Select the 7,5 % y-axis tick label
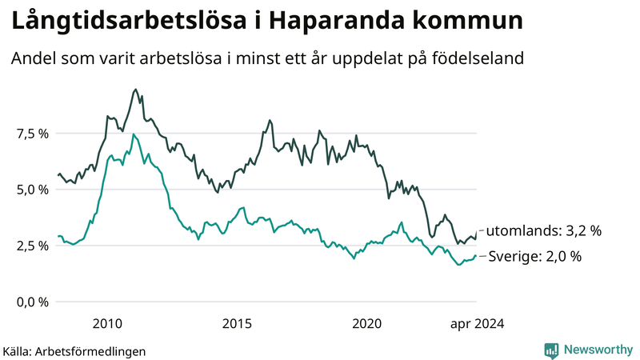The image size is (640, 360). click(x=32, y=134)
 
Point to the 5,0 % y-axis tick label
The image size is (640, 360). click(x=32, y=190)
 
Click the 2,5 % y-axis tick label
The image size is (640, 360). click(x=32, y=246)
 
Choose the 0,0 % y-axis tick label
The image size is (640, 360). click(x=32, y=302)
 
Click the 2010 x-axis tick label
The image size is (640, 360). click(x=107, y=323)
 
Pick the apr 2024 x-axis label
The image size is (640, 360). click(x=477, y=323)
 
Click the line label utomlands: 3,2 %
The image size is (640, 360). click(x=544, y=231)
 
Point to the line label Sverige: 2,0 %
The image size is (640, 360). click(x=534, y=257)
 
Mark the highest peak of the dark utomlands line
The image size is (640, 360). click(x=135, y=90)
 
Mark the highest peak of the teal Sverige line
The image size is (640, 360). click(x=134, y=134)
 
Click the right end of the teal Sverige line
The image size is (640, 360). click(x=477, y=256)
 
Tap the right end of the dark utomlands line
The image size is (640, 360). click(x=477, y=231)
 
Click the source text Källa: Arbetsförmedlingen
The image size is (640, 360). click(x=74, y=351)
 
